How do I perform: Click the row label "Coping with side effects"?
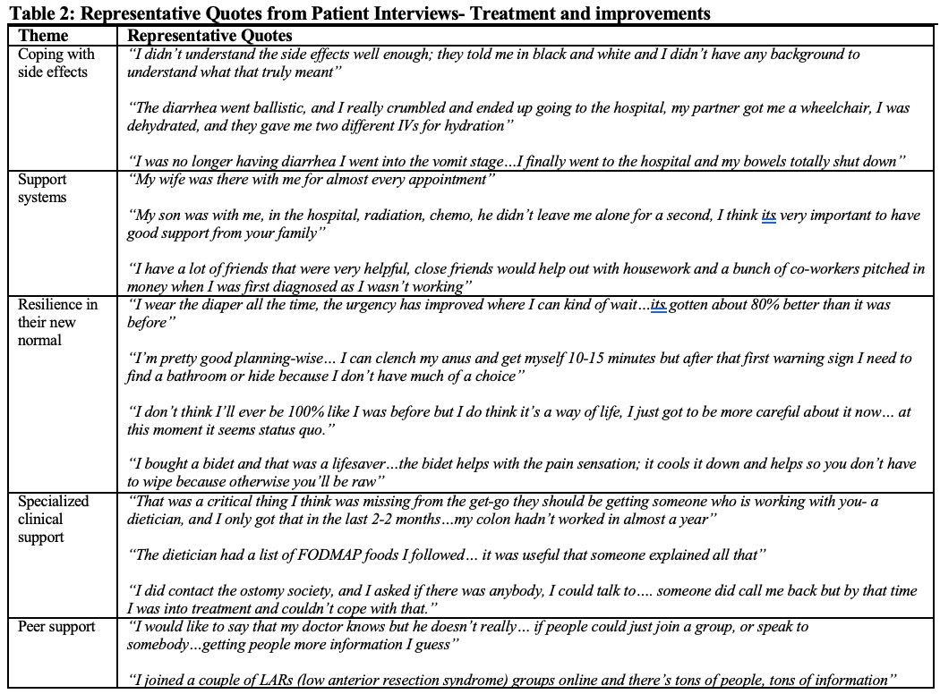tap(56, 63)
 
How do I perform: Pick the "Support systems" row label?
tap(43, 189)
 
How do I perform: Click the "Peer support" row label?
tap(56, 627)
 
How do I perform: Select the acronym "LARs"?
tap(269, 681)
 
